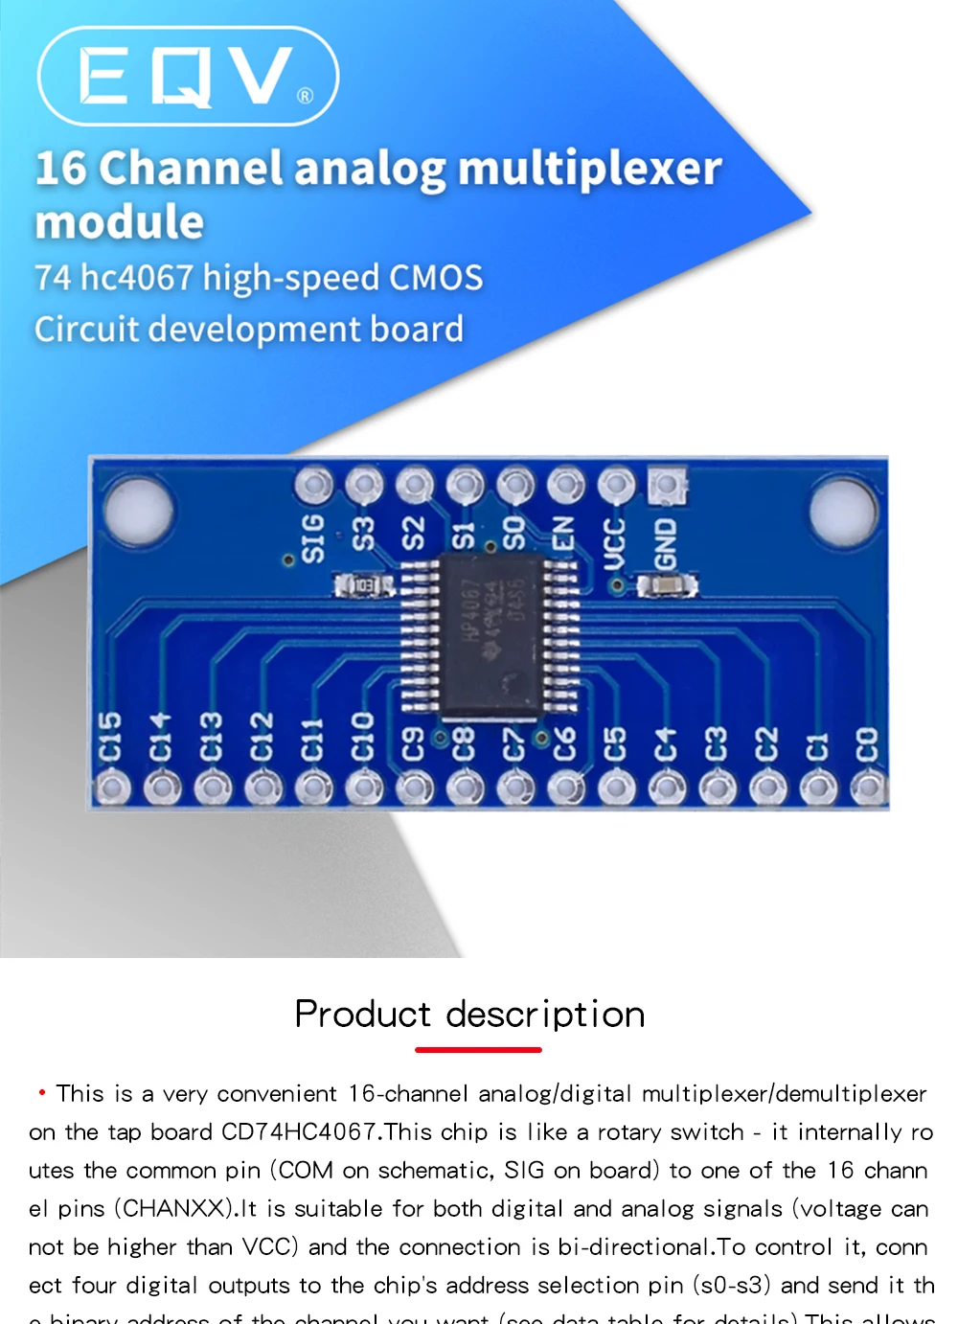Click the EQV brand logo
click(188, 76)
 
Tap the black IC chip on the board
click(491, 635)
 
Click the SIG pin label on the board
click(313, 537)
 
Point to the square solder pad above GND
click(667, 486)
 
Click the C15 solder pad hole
click(111, 788)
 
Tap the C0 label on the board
click(866, 743)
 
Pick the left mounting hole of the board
click(140, 508)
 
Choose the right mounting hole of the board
click(843, 508)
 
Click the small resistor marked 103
click(364, 583)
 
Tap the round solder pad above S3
click(364, 486)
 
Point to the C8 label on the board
click(464, 743)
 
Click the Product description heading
click(469, 1014)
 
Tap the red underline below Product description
click(478, 1050)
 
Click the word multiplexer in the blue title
click(589, 169)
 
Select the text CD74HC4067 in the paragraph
click(298, 1131)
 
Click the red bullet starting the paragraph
click(42, 1092)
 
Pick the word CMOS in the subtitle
click(436, 278)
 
